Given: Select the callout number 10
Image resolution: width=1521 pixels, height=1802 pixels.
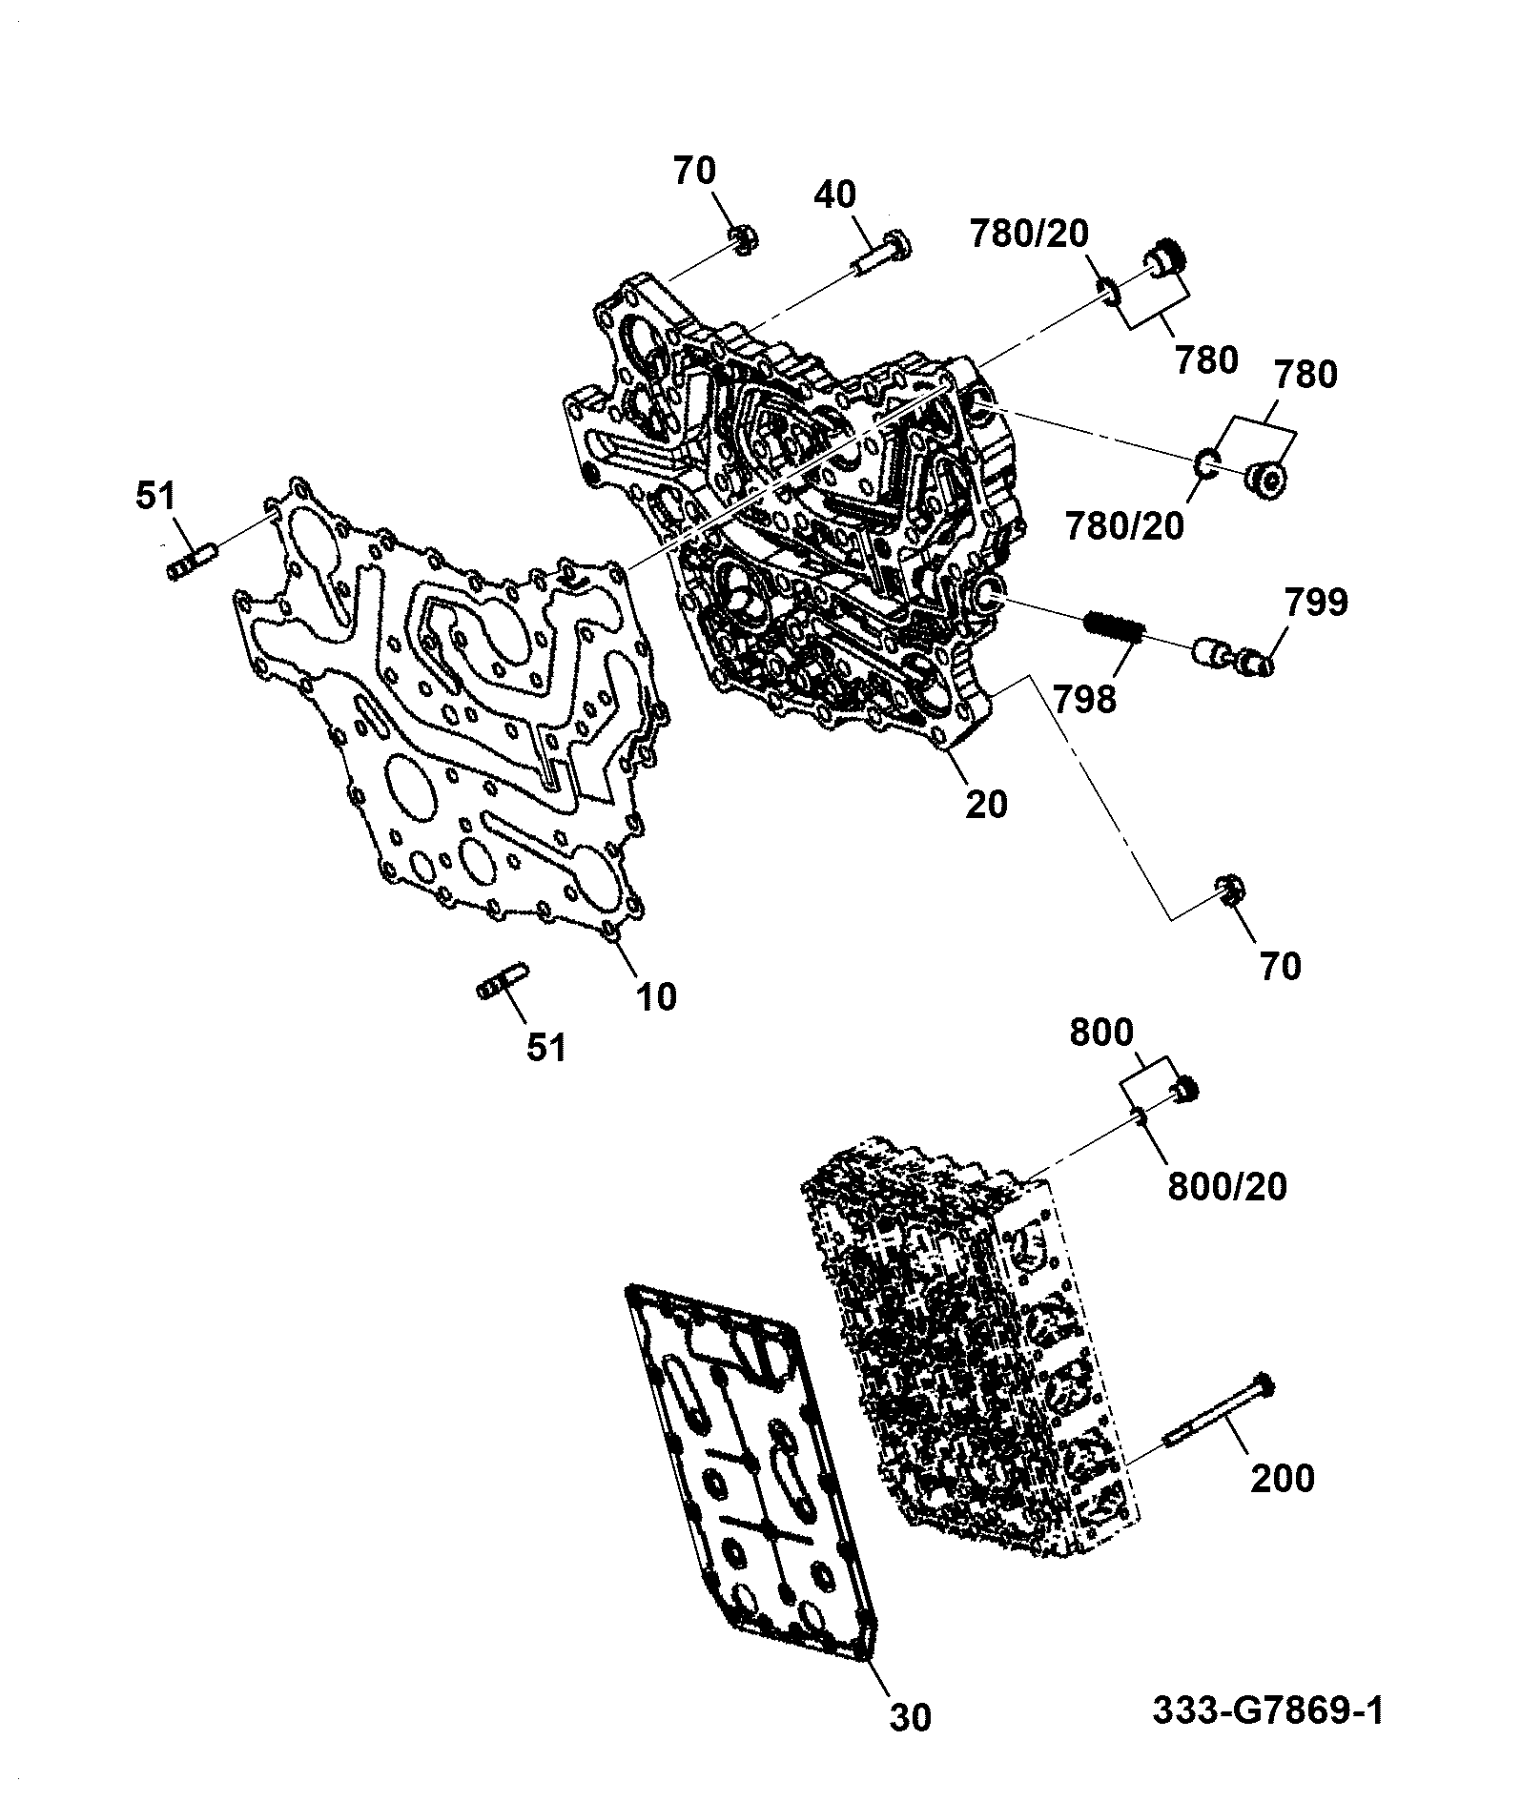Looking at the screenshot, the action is pyautogui.click(x=655, y=997).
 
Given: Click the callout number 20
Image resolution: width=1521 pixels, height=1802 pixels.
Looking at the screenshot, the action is pyautogui.click(x=985, y=804).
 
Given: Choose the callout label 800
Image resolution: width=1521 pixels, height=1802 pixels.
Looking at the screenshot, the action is pyautogui.click(x=1101, y=1033).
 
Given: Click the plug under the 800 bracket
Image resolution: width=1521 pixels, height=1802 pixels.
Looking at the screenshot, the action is pyautogui.click(x=1185, y=1088).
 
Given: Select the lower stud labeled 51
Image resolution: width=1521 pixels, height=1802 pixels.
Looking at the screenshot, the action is pyautogui.click(x=502, y=983).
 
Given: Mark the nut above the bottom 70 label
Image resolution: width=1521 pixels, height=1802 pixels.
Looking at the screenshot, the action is pyautogui.click(x=1228, y=891).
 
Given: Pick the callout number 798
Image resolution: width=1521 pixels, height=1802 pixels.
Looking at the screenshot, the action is pyautogui.click(x=1084, y=700).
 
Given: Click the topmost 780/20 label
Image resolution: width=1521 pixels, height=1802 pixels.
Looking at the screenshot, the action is pyautogui.click(x=1029, y=233).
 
